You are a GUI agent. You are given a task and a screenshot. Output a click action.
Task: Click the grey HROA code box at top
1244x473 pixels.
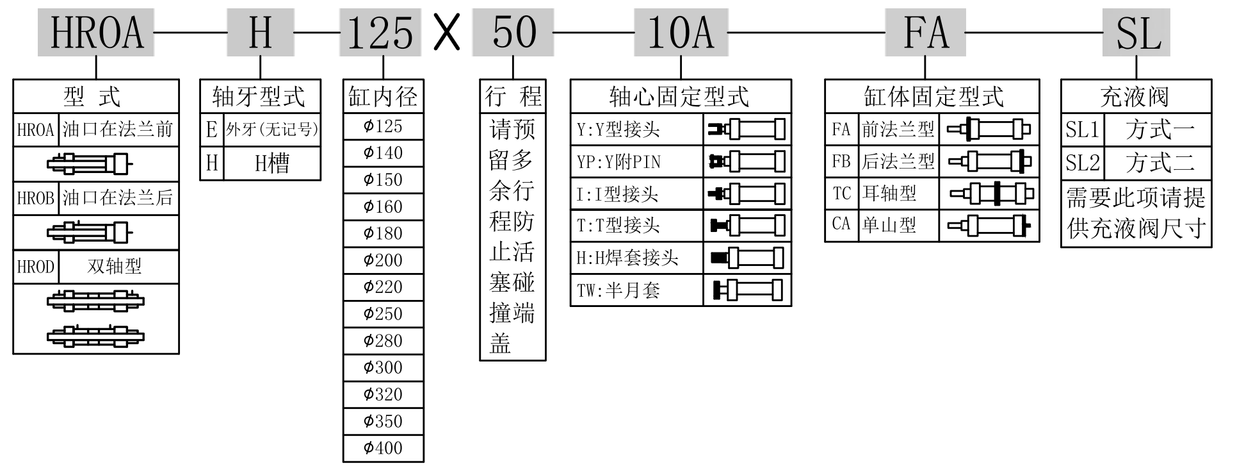tap(96, 32)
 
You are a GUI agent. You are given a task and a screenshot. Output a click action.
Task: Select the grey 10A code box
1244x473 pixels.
tap(681, 32)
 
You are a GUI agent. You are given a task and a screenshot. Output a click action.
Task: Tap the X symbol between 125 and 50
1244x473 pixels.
tap(447, 32)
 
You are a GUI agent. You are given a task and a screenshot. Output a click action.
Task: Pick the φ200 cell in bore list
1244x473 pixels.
tap(383, 260)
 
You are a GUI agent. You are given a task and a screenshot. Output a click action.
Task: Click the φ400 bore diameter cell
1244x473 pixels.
tap(383, 448)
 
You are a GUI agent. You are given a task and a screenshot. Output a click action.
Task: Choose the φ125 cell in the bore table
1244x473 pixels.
tap(383, 126)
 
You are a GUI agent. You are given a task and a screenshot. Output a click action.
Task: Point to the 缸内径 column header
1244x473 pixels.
tap(383, 97)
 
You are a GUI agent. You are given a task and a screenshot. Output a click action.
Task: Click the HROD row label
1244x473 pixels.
tap(36, 267)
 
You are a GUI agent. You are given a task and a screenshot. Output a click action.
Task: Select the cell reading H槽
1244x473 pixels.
tap(272, 163)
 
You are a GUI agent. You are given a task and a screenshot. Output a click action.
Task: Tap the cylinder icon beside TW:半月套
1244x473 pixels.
tap(747, 290)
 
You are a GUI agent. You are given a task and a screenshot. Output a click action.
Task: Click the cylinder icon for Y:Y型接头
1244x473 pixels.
tap(747, 129)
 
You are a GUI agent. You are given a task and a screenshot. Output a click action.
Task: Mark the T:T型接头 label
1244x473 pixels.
tap(618, 226)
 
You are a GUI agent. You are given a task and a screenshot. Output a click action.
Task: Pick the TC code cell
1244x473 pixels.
tap(841, 194)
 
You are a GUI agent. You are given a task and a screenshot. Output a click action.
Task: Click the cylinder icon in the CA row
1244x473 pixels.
tap(989, 225)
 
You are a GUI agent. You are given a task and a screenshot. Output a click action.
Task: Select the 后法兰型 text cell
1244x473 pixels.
tap(898, 162)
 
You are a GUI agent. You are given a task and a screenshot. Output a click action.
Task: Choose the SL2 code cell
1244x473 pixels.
tap(1082, 163)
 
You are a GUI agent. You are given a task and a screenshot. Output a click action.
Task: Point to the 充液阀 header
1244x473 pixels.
tap(1135, 97)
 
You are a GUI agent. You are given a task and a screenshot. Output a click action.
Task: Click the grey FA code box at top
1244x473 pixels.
tap(925, 32)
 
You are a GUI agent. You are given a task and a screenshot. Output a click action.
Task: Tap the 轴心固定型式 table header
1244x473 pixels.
tap(680, 97)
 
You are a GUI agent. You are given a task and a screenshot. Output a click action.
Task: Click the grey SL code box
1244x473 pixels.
tap(1136, 32)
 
